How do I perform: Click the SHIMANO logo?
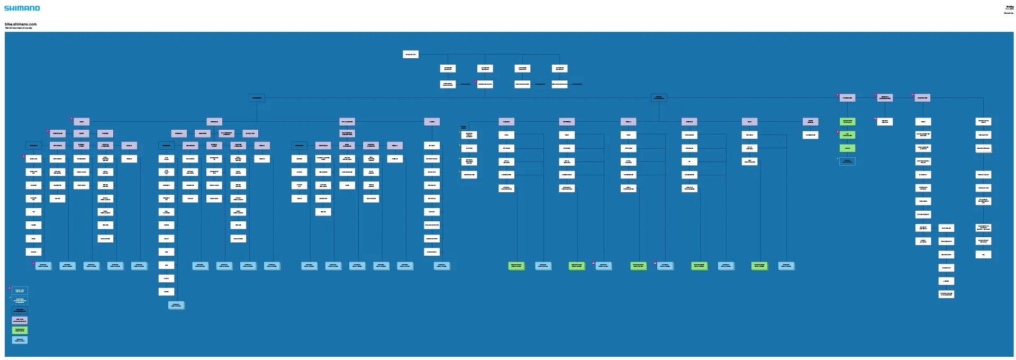22,8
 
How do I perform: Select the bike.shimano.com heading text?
21,24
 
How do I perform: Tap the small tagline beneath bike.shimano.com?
19,28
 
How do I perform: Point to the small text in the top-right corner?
1009,9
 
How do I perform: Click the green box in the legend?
20,330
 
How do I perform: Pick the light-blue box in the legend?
20,340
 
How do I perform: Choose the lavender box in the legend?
20,320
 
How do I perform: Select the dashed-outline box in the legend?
20,300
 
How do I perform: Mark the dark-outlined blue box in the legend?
20,310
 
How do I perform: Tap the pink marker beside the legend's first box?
10,288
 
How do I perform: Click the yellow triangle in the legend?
11,298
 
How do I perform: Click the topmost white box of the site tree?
410,55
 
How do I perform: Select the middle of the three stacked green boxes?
847,135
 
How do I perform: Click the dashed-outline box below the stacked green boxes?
847,161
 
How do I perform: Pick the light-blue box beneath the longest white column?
176,305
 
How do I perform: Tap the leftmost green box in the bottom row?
516,265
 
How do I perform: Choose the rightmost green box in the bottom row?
759,265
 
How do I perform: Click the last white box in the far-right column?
983,254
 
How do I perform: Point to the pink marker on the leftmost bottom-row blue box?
33,263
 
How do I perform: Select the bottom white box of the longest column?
166,292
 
